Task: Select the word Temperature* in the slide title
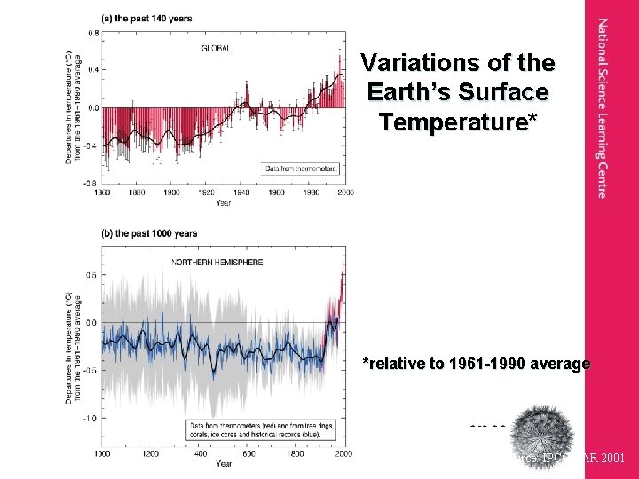pos(458,122)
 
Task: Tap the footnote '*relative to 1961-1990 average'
pos(476,364)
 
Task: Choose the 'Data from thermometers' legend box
pos(300,169)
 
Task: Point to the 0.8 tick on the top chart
pos(93,33)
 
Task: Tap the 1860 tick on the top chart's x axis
pos(103,192)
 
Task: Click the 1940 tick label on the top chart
pos(241,192)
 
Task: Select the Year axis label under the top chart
pos(224,202)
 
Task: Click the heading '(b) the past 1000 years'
pos(150,233)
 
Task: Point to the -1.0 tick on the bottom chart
pos(91,418)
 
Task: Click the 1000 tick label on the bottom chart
pos(102,453)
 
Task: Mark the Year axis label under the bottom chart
pos(224,463)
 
